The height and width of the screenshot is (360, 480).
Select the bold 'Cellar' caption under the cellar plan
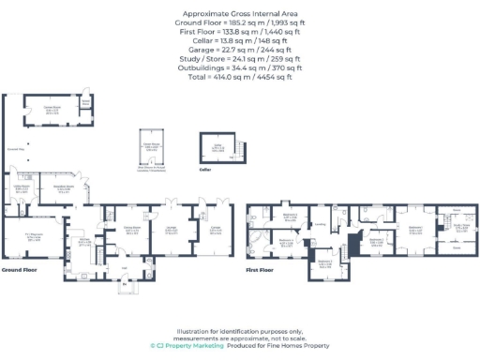[x=206, y=171]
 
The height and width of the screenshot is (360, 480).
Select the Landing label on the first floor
[x=319, y=223]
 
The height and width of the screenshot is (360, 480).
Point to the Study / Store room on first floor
[x=461, y=227]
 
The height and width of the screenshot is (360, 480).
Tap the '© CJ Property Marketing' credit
[x=187, y=344]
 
